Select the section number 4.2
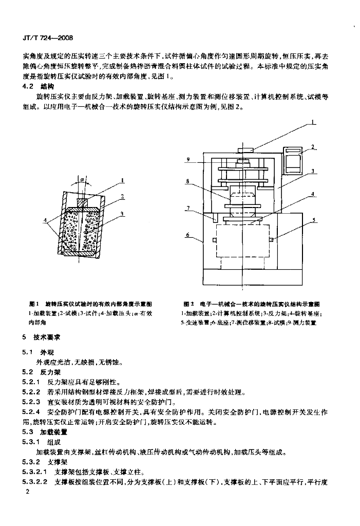[x=29, y=86]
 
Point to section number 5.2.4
[x=31, y=412]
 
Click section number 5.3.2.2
[x=35, y=482]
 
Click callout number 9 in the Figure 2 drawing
[x=188, y=160]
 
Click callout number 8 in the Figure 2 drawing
[x=188, y=181]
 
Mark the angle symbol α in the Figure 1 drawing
[x=81, y=180]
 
